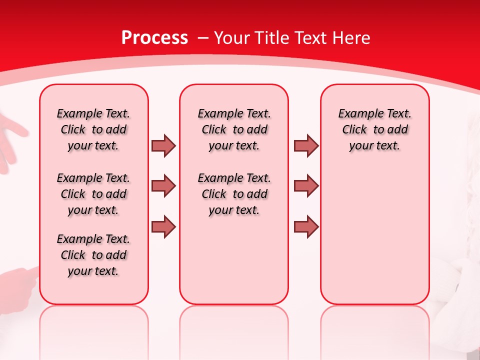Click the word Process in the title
click(x=154, y=38)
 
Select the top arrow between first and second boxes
click(x=163, y=145)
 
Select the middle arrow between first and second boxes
click(x=163, y=186)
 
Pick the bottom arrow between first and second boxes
click(x=163, y=226)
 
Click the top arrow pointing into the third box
click(x=306, y=145)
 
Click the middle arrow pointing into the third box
click(x=306, y=186)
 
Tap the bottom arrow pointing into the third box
click(x=306, y=226)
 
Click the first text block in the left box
click(x=93, y=129)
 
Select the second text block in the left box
click(x=93, y=194)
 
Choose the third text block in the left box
click(x=93, y=255)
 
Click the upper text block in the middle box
click(x=234, y=129)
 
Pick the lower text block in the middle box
click(x=234, y=194)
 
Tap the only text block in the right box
click(x=374, y=129)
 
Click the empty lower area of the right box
click(x=374, y=235)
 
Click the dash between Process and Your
click(x=202, y=38)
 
